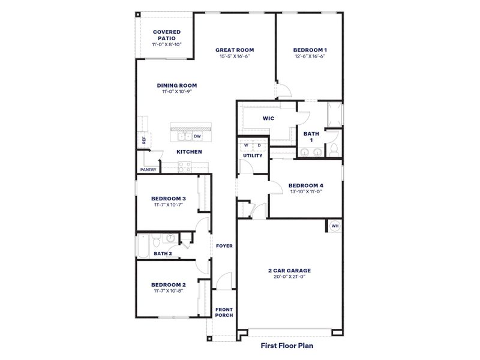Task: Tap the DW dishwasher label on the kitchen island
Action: coord(197,136)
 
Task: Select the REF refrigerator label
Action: coord(143,140)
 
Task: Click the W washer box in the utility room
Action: coord(246,145)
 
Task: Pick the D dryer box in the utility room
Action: coord(259,145)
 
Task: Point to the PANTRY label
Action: coord(148,169)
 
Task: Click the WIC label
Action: coord(268,118)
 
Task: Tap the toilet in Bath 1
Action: coord(334,148)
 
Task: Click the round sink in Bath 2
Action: coord(171,238)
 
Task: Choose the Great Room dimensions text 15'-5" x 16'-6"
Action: coord(235,56)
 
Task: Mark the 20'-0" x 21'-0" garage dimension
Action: coord(289,277)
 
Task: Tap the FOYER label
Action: coord(224,246)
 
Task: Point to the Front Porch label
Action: coord(224,312)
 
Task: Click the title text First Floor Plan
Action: coord(287,346)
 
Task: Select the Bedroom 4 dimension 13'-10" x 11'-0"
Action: coord(305,192)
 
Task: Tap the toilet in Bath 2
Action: coord(155,241)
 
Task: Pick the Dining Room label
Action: coord(177,85)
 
